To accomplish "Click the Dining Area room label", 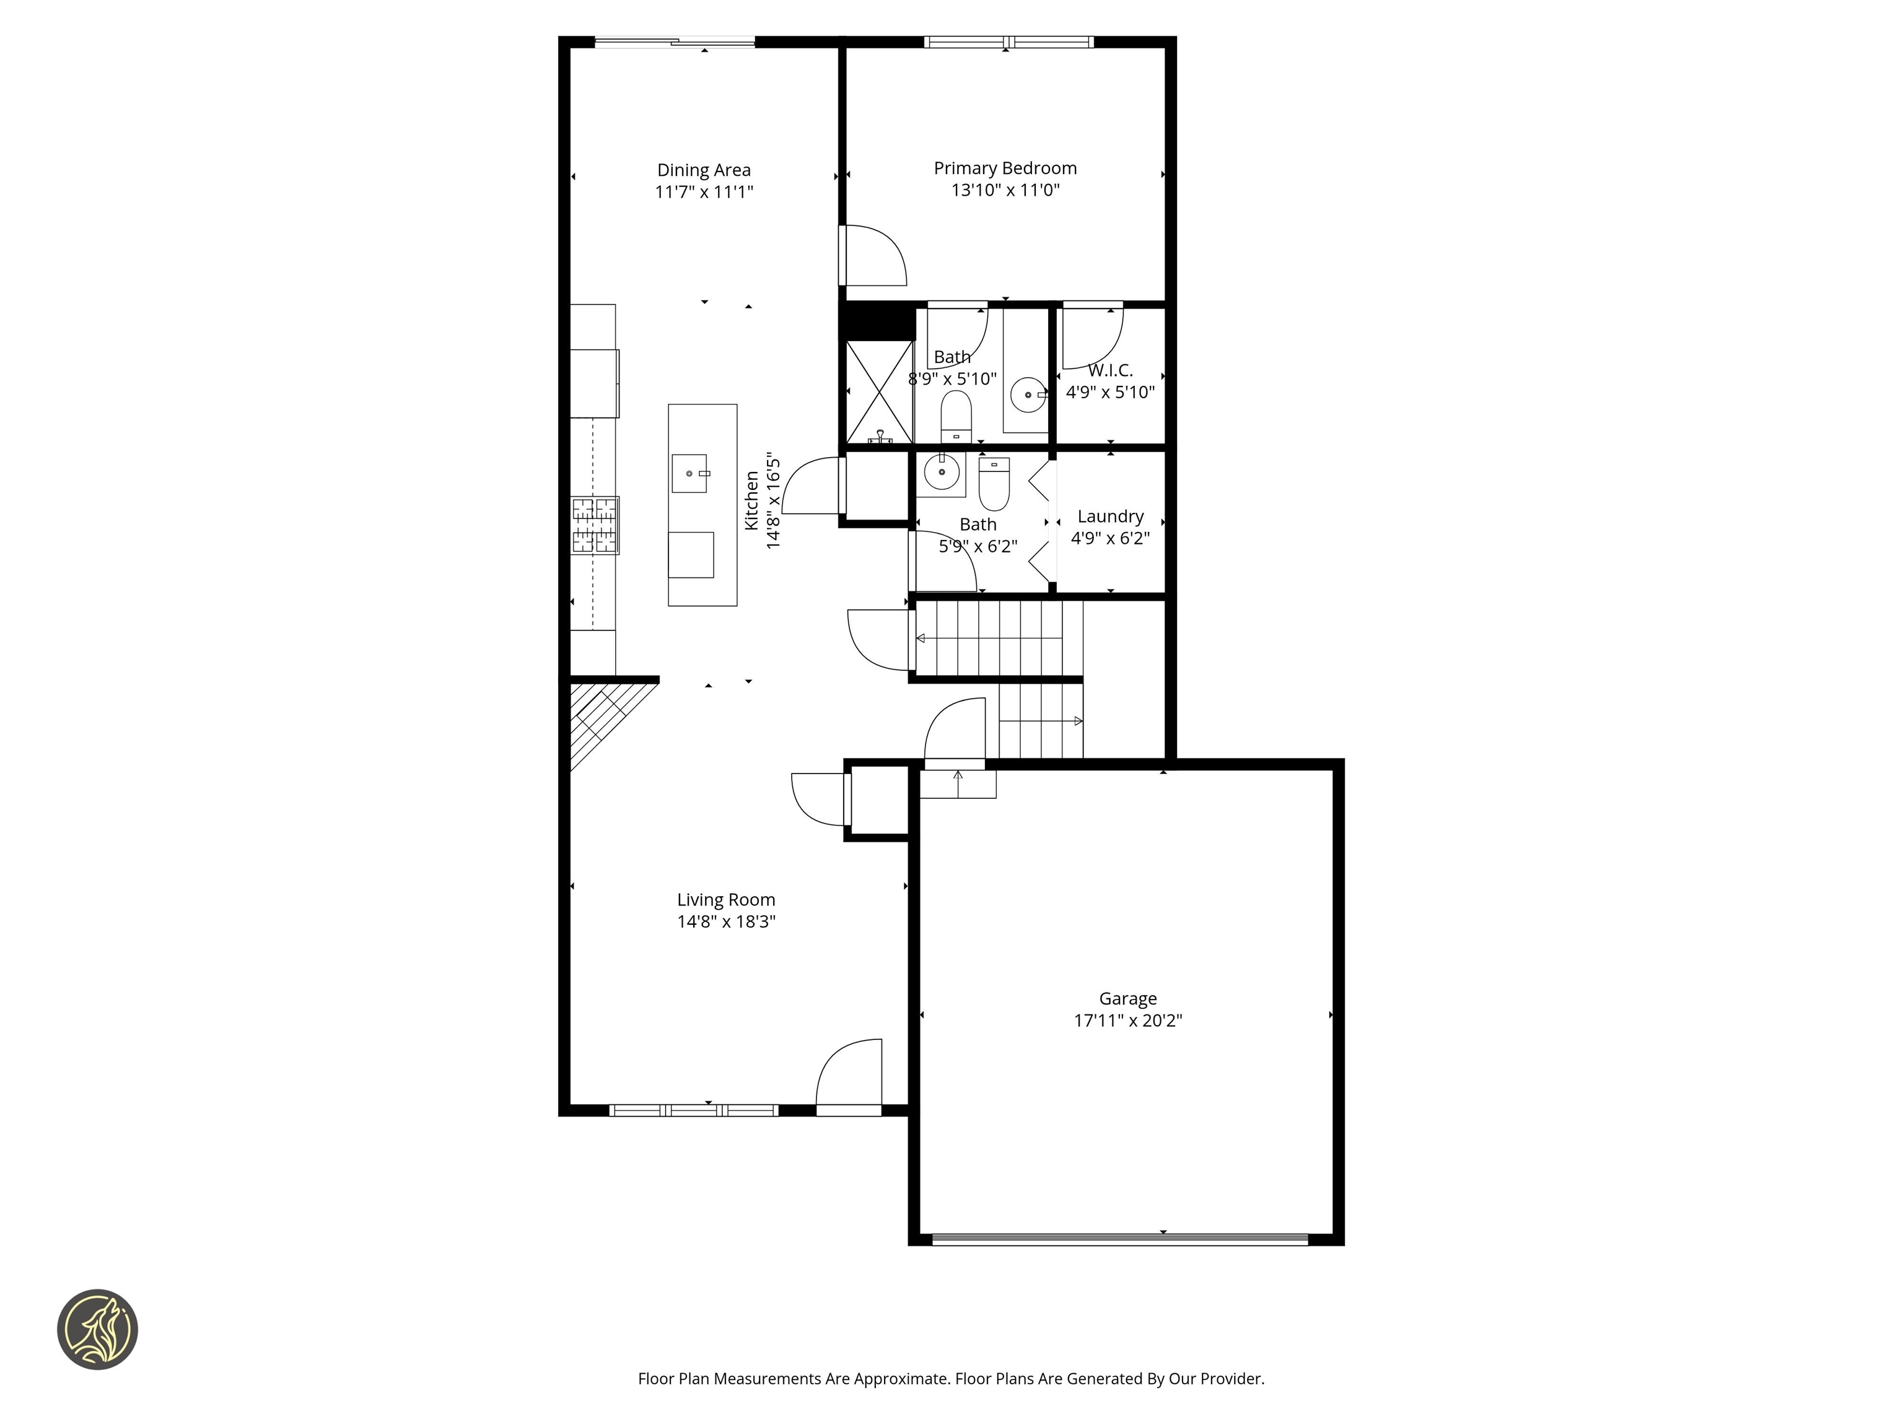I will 703,170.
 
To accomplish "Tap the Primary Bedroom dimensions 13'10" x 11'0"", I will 1005,190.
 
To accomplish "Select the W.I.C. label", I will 1110,371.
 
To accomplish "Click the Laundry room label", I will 1110,516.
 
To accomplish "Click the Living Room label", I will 725,900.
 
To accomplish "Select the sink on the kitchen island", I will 689,474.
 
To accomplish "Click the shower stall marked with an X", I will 879,392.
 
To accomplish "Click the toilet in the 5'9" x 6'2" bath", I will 994,486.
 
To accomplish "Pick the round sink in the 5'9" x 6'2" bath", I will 941,472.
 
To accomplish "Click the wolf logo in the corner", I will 97,1329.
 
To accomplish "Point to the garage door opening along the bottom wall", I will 1120,1239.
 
